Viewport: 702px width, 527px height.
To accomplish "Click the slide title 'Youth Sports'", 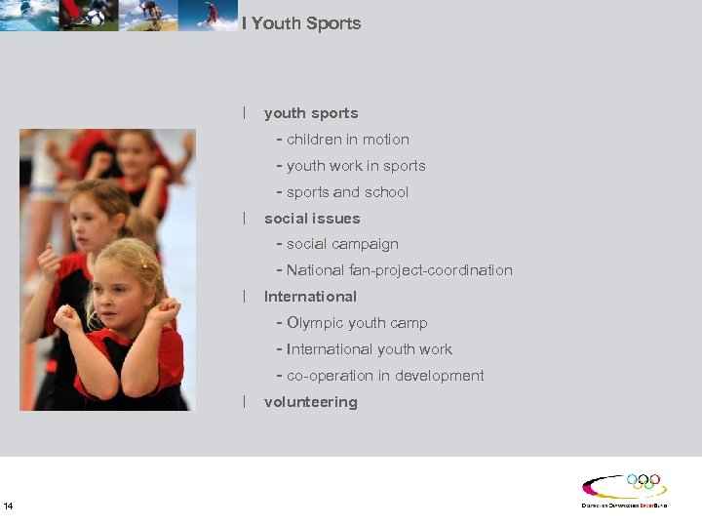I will pyautogui.click(x=306, y=23).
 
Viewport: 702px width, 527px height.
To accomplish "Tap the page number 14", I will pyautogui.click(x=9, y=506).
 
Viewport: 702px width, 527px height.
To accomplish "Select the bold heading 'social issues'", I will pyautogui.click(x=312, y=219).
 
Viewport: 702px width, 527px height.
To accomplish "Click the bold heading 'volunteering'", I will pyautogui.click(x=310, y=402).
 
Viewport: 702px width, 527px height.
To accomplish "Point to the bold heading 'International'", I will pyautogui.click(x=310, y=297).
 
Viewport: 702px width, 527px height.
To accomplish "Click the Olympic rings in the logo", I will pyautogui.click(x=643, y=482).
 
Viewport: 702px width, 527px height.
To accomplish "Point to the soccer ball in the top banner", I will pyautogui.click(x=96, y=17).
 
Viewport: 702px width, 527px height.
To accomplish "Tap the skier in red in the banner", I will pyautogui.click(x=211, y=14).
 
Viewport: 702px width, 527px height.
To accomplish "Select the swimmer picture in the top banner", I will pyautogui.click(x=27, y=15).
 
